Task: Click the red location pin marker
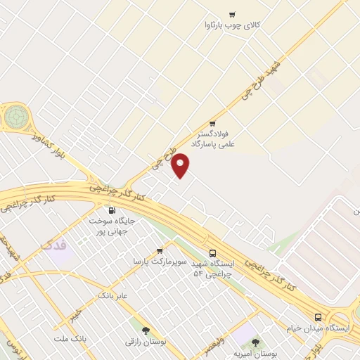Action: tap(181, 165)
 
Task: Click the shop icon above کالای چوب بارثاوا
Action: tap(232, 14)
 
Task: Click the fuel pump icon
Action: tap(111, 210)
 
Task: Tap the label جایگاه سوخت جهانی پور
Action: tap(111, 225)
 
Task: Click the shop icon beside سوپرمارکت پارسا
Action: tap(160, 250)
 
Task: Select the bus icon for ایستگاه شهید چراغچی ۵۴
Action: tap(212, 253)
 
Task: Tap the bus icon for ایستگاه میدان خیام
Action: tap(318, 317)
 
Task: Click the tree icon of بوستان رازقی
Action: tap(146, 330)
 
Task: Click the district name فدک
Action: tap(54, 245)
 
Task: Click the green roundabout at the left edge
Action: tap(15, 117)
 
